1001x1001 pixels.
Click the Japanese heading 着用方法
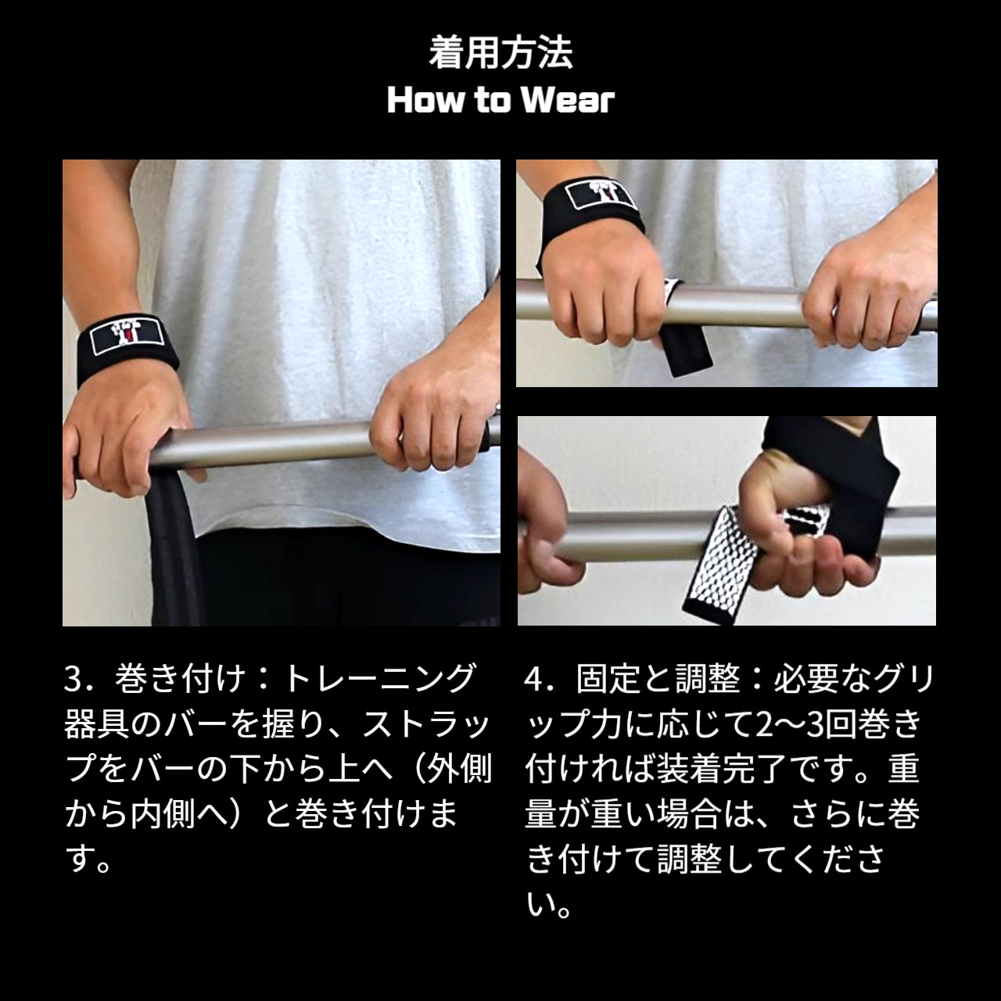coord(500,52)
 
